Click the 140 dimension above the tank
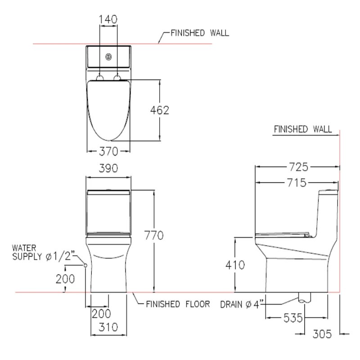pyautogui.click(x=108, y=19)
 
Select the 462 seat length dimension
pyautogui.click(x=159, y=110)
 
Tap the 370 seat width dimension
pyautogui.click(x=108, y=151)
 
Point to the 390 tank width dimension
pyautogui.click(x=108, y=168)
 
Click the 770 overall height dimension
pyautogui.click(x=154, y=235)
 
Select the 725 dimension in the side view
pyautogui.click(x=298, y=167)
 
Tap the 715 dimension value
pyautogui.click(x=297, y=183)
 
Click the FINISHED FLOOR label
pyautogui.click(x=178, y=304)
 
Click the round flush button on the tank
pyautogui.click(x=108, y=57)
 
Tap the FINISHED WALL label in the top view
pyautogui.click(x=199, y=33)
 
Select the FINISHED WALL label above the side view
pyautogui.click(x=303, y=129)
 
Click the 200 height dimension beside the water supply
pyautogui.click(x=65, y=279)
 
